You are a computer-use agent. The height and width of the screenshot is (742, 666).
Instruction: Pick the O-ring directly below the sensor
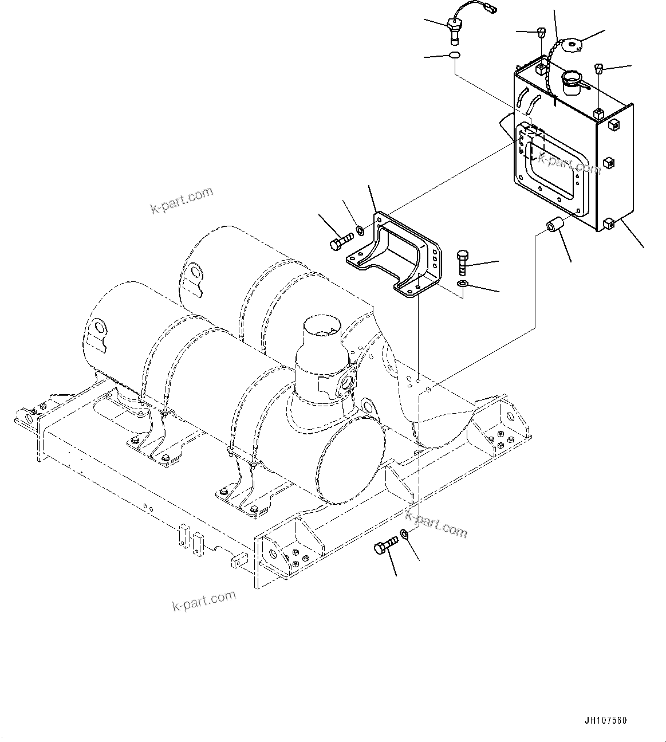tap(454, 55)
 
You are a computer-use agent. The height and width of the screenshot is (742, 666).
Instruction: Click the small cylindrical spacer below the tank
tap(554, 226)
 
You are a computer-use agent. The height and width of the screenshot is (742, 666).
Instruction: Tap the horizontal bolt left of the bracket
tap(341, 242)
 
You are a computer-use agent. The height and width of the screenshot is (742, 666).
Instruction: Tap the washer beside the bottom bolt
tap(404, 534)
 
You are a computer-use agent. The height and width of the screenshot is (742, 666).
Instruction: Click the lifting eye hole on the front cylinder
tap(100, 328)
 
